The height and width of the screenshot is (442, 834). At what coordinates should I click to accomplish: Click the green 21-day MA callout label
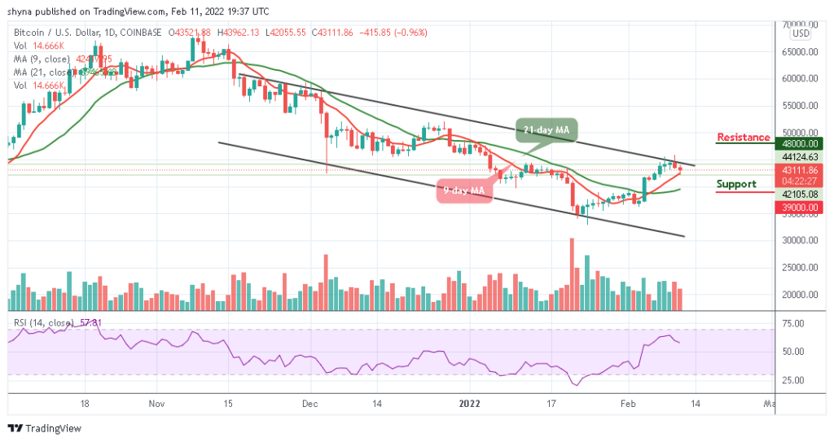[546, 129]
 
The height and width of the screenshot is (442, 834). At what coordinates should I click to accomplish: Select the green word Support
[736, 184]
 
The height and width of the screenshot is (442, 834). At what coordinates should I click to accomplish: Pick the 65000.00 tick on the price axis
[800, 51]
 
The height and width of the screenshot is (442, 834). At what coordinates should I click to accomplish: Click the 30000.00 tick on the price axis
[800, 241]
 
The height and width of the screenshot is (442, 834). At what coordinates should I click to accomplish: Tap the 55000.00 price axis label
[800, 106]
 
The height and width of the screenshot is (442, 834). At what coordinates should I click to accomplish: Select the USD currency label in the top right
[801, 33]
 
